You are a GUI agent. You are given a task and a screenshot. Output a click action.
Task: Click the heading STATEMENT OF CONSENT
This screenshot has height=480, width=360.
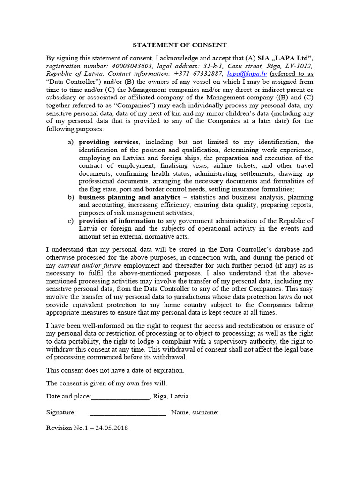pos(180,45)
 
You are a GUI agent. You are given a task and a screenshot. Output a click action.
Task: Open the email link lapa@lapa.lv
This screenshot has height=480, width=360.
pos(240,74)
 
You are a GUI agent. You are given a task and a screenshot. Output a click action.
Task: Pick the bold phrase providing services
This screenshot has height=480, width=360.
pos(108,142)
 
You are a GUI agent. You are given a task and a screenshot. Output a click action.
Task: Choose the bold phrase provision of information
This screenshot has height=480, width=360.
pos(117,221)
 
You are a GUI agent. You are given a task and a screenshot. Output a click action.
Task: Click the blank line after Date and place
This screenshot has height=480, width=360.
pos(120,397)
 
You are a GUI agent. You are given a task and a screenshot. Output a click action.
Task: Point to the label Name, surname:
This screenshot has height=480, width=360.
pos(195,412)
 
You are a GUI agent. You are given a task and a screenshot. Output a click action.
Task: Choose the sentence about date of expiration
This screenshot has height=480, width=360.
pos(115,370)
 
